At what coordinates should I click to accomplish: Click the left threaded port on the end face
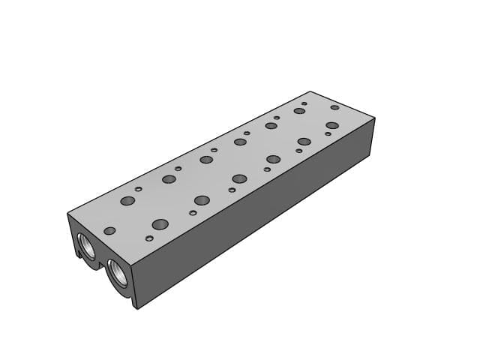[85, 245]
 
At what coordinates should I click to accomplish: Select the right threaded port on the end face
[118, 271]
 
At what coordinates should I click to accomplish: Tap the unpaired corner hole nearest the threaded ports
[109, 230]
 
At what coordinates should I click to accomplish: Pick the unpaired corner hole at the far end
[334, 107]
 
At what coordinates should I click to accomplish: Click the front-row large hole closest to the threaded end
[160, 224]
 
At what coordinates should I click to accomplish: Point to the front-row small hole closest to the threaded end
[149, 238]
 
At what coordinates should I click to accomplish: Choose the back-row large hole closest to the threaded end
[127, 201]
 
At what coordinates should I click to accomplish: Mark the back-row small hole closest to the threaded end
[138, 189]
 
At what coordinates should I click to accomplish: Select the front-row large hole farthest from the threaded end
[332, 125]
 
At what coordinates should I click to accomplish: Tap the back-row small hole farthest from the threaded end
[304, 103]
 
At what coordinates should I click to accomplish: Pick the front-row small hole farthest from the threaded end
[328, 133]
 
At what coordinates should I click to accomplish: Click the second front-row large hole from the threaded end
[201, 199]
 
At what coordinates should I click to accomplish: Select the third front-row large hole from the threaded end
[239, 178]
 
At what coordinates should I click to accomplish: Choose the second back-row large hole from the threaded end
[169, 178]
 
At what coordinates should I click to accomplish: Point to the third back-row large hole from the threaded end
[206, 159]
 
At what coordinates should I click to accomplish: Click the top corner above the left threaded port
[68, 214]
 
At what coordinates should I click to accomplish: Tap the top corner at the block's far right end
[373, 118]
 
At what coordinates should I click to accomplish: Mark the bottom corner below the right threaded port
[136, 308]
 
